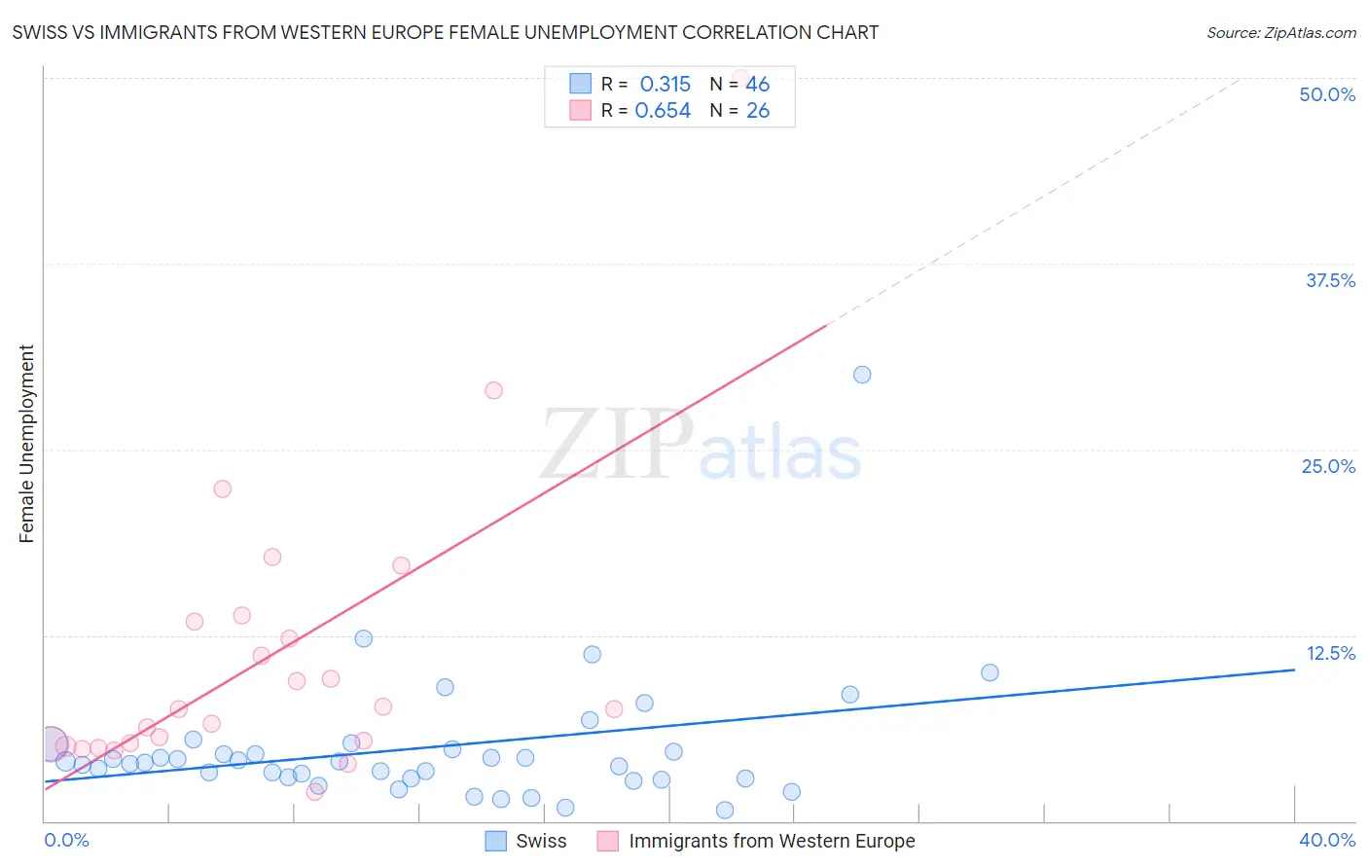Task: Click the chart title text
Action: pos(445,33)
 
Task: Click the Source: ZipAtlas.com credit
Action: pos(1280,33)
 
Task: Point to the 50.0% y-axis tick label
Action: pos(1327,94)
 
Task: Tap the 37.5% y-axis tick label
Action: pos(1330,280)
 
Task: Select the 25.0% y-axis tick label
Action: pos(1328,466)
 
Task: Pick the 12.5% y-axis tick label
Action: pos(1330,653)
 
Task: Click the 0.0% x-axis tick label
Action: pos(66,840)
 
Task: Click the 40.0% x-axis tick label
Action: pos(1326,840)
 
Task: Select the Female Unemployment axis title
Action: pos(26,444)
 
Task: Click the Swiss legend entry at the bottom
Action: pos(540,841)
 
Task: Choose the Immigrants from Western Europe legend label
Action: pos(771,841)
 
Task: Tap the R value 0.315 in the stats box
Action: pos(665,85)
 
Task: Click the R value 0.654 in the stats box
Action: pos(663,111)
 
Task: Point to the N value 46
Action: pos(757,85)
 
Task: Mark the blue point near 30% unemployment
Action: pos(862,375)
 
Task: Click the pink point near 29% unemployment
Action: pos(493,390)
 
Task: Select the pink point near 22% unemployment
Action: pos(223,488)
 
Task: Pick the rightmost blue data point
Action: pos(990,672)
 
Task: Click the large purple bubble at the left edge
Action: pos(52,743)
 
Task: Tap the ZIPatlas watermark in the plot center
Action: pos(701,446)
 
